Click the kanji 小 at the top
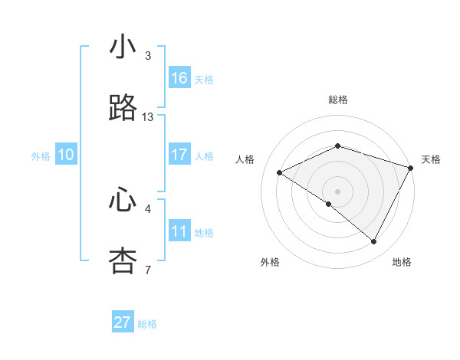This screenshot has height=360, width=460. [x=123, y=47]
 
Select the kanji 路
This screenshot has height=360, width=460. [x=123, y=108]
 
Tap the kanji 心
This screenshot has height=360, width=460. [x=123, y=200]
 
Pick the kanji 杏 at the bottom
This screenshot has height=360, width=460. [x=123, y=261]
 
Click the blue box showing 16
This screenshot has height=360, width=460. [x=179, y=78]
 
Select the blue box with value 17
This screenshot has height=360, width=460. [x=179, y=155]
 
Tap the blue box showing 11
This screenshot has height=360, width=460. [x=179, y=231]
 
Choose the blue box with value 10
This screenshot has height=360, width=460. [x=66, y=155]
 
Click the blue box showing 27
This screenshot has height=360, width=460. [x=123, y=322]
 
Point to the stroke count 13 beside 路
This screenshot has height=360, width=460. [x=148, y=117]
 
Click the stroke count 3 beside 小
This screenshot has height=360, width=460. [x=148, y=56]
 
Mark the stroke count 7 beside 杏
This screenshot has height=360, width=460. [x=148, y=270]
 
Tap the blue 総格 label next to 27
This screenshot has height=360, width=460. [x=147, y=324]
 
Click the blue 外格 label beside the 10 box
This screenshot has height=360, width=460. [x=41, y=156]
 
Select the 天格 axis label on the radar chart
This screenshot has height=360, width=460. [x=431, y=159]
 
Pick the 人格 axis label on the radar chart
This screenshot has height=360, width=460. [x=245, y=159]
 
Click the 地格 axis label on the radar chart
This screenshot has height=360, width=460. [x=402, y=262]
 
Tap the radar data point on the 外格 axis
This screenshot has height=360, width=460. [x=329, y=204]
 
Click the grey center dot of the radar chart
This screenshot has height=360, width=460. [x=337, y=191]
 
